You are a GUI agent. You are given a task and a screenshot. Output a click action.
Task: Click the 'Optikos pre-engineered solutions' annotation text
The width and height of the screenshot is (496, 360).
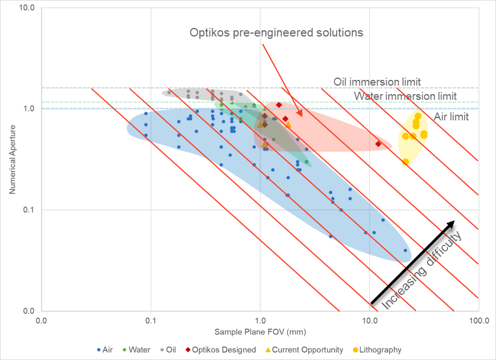[276, 33]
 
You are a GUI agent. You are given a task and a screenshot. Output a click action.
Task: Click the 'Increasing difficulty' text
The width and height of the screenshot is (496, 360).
[422, 269]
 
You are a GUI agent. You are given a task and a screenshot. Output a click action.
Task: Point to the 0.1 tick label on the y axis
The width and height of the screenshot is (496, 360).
[29, 209]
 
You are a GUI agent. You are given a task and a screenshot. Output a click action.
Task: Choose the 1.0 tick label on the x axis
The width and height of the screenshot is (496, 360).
[260, 321]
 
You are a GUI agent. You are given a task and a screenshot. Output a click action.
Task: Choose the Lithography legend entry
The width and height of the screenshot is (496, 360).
[380, 350]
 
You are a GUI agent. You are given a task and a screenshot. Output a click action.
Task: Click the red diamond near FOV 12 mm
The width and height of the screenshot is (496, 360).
[378, 144]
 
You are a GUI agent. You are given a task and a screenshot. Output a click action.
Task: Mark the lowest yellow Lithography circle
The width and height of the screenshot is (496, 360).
[405, 161]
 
